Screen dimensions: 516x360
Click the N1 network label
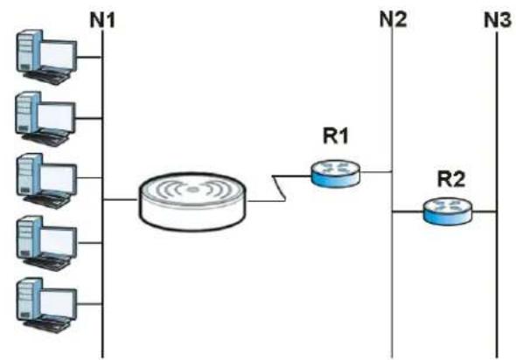click(x=102, y=20)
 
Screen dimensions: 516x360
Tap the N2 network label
click(x=393, y=19)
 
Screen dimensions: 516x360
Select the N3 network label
click(x=498, y=19)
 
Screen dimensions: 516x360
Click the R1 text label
click(x=335, y=135)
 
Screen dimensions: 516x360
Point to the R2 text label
click(x=450, y=179)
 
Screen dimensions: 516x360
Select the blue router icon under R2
click(x=448, y=212)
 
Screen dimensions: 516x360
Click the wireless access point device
click(x=192, y=201)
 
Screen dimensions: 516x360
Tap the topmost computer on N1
click(x=46, y=57)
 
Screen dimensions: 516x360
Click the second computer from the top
click(x=45, y=119)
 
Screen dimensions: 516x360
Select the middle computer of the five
click(x=46, y=181)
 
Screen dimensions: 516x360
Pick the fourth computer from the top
click(x=46, y=243)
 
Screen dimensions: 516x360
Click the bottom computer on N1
click(x=46, y=306)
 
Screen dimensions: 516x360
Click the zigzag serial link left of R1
click(x=279, y=188)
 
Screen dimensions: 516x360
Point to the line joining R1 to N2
click(x=376, y=171)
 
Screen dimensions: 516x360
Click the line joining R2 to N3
click(x=485, y=212)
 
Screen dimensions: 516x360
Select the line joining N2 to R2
click(x=408, y=212)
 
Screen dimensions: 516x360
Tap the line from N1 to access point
click(x=121, y=199)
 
